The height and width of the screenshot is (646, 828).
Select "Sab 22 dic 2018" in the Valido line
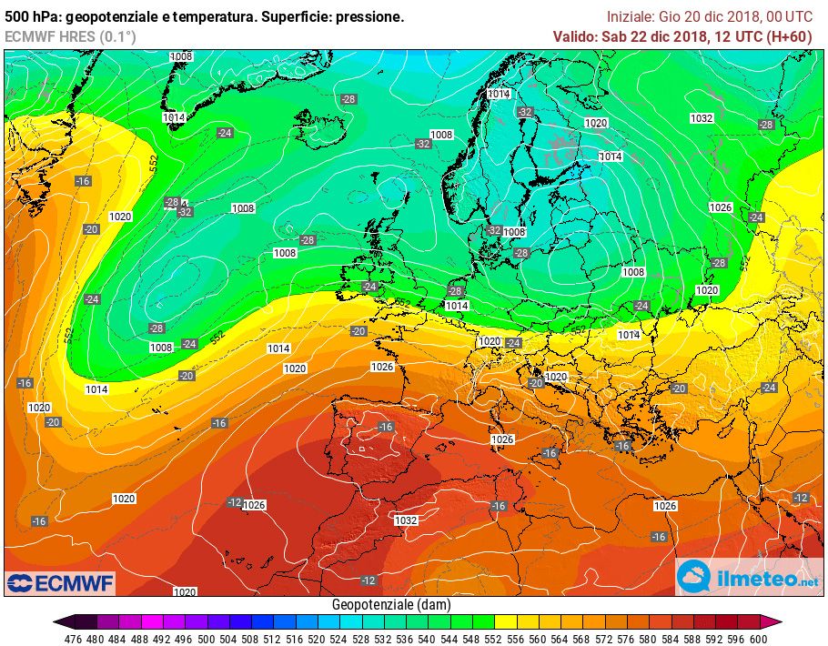[655, 36]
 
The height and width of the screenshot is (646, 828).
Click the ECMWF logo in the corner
[60, 582]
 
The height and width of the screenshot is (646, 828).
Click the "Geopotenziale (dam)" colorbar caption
[391, 605]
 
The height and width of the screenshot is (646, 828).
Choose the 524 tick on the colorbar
[339, 639]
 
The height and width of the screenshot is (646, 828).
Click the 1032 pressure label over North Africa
[406, 520]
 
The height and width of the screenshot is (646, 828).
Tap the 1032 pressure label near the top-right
[702, 118]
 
